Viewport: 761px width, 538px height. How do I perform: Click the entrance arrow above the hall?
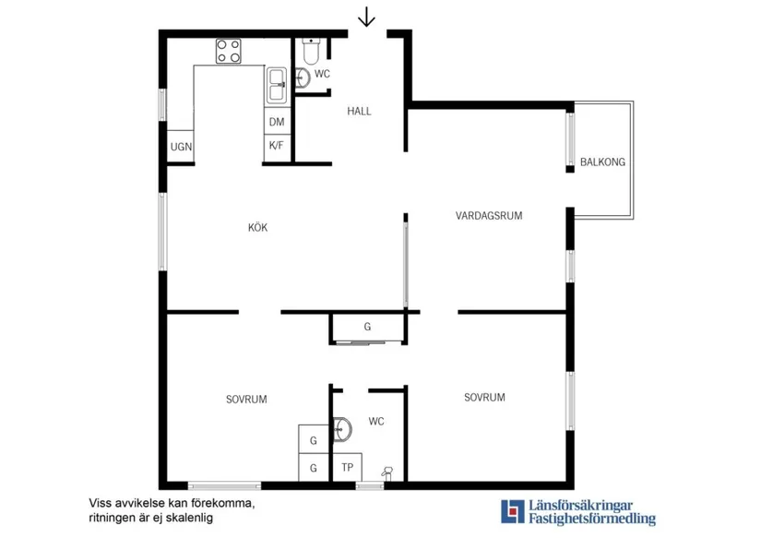(366, 17)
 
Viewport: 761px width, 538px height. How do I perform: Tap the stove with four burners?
(229, 51)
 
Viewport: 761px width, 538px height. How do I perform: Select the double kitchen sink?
(277, 86)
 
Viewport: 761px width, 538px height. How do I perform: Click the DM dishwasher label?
(277, 122)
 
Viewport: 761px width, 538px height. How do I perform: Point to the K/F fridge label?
(276, 145)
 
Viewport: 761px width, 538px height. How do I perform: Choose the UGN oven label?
(181, 147)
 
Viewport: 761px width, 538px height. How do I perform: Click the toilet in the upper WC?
(311, 51)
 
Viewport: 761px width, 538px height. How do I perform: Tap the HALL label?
(359, 111)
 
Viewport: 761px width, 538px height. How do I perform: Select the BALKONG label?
(602, 162)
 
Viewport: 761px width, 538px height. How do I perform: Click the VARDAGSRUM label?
(489, 216)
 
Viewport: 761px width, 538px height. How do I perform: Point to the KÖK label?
(257, 227)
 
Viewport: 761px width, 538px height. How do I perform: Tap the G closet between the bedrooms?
(367, 327)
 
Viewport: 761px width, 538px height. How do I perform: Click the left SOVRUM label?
(246, 400)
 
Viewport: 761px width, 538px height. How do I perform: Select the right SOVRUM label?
(484, 397)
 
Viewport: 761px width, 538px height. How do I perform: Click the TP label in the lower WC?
(347, 467)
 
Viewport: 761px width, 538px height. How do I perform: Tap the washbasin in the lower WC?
(342, 430)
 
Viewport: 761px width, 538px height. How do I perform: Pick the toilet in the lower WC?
(386, 472)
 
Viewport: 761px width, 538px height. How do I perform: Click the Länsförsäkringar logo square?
(513, 512)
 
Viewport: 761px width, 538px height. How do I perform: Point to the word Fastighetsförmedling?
(592, 519)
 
